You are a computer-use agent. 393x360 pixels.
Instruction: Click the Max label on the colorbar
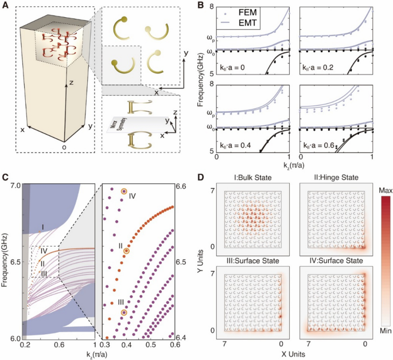click(382, 188)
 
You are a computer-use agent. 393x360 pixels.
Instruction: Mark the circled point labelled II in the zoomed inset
click(127, 251)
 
